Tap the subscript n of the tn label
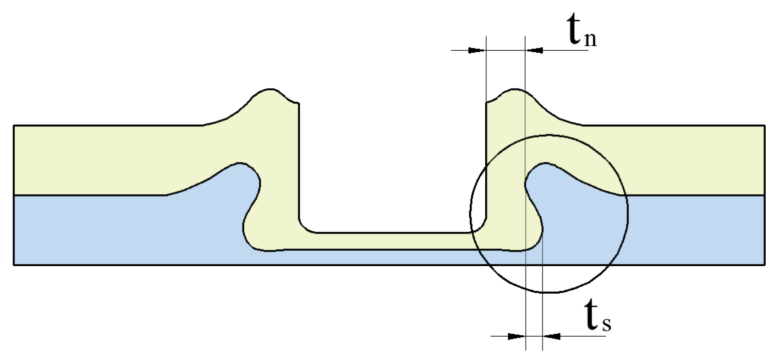(590, 40)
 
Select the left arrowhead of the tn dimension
(477, 50)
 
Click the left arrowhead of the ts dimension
(516, 336)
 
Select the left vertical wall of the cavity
(299, 165)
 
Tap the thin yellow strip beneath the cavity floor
(389, 241)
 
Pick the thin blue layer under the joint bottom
(389, 257)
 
